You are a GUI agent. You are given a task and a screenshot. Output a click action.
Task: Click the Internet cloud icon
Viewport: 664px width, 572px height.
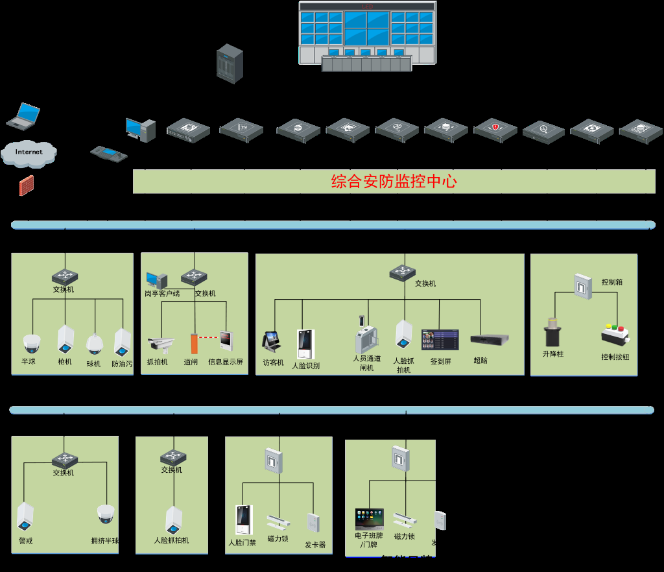29,152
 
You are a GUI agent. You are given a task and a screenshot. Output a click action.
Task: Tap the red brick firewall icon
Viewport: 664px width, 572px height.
27,185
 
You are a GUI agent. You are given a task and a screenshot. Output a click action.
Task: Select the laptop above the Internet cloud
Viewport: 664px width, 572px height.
23,115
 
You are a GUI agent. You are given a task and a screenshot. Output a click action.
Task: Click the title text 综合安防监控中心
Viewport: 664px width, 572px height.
394,182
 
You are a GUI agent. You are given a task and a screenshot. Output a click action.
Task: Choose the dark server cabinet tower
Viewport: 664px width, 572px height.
230,64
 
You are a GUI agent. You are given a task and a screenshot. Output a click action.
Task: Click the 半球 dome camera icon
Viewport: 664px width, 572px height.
32,343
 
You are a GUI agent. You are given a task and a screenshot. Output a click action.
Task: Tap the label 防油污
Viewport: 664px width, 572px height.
122,364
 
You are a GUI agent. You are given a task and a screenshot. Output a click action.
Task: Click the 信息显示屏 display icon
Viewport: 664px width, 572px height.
226,341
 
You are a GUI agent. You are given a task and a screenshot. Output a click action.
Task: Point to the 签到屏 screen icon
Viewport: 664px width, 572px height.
440,340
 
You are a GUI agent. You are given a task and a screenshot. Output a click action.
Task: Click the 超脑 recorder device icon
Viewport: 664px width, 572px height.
490,339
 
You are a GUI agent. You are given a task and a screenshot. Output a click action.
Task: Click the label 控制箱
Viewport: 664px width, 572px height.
612,283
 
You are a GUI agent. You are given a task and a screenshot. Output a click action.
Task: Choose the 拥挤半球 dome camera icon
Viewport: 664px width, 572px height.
106,515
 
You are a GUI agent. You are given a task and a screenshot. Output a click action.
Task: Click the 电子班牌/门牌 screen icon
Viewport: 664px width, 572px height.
370,519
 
